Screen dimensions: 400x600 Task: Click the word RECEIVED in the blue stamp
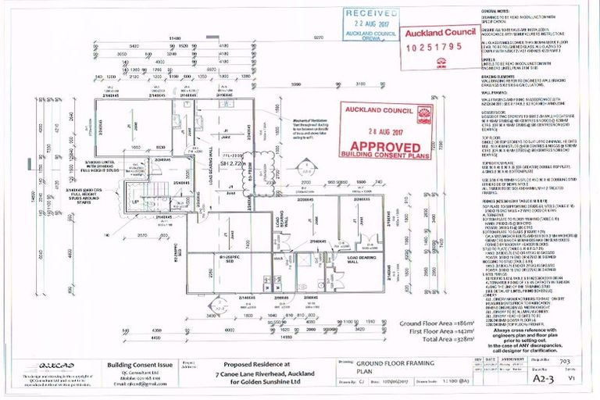pos(371,13)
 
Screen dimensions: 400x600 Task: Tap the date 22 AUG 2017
pos(371,23)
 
